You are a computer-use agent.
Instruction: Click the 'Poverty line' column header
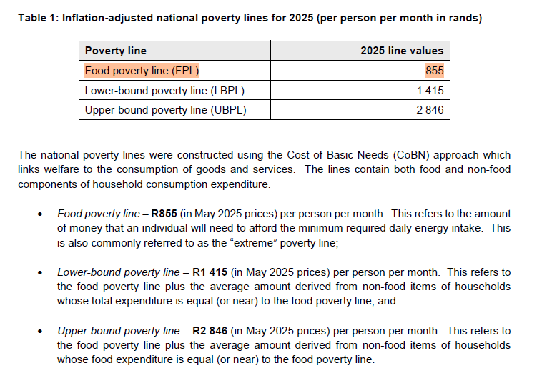point(116,51)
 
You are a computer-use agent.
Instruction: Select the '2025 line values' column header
point(402,51)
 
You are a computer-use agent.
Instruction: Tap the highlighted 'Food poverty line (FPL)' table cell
point(142,71)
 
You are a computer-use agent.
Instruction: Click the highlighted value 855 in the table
point(434,71)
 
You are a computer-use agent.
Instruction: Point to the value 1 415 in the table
point(430,91)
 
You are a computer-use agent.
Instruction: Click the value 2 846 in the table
point(430,110)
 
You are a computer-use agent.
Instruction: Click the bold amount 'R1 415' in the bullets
point(210,272)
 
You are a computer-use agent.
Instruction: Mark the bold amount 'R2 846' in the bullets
point(210,331)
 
